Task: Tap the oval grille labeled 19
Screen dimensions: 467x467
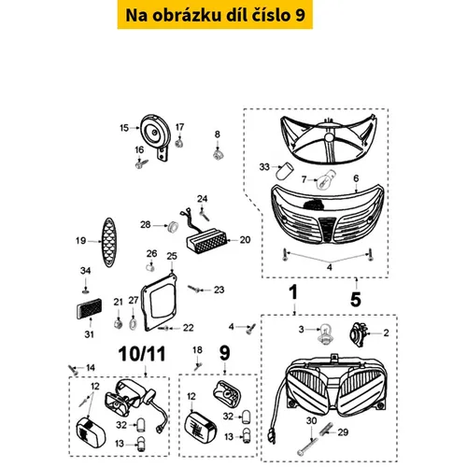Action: point(109,242)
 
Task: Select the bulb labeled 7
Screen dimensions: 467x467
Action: point(325,180)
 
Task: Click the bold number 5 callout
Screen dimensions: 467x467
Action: point(356,300)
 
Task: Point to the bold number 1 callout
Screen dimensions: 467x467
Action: point(293,292)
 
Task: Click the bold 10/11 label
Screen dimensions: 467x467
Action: point(142,354)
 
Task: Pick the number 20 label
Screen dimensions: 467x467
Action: point(245,240)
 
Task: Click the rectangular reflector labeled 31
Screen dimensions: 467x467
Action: point(89,308)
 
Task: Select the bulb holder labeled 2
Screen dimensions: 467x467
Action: point(357,334)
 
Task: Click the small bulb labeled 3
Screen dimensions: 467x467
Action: point(325,333)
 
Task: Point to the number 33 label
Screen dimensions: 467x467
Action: point(264,167)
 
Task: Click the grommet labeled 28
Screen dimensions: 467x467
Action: point(173,226)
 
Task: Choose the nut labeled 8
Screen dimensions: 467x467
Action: point(218,154)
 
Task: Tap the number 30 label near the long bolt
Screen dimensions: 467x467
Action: point(311,420)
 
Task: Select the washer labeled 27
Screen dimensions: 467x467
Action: point(133,323)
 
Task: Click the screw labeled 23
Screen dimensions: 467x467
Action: point(194,290)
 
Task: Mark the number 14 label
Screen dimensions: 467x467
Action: point(91,368)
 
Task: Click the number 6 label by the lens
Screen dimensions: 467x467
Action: point(356,178)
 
